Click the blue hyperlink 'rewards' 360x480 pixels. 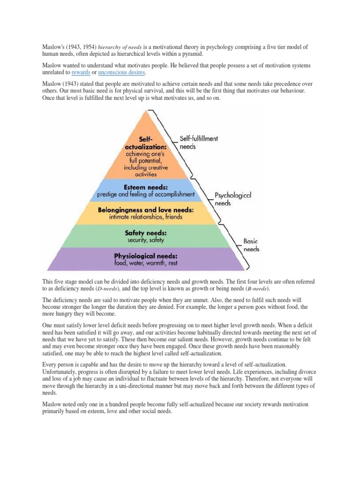pos(81,73)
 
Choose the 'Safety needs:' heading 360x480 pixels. pos(146,233)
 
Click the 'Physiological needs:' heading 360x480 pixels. pos(146,256)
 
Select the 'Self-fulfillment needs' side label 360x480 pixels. pos(199,142)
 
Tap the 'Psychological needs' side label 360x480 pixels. pos(232,199)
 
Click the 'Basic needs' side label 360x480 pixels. pos(251,245)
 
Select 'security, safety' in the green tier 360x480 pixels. pos(146,240)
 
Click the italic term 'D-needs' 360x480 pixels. pos(121,289)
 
